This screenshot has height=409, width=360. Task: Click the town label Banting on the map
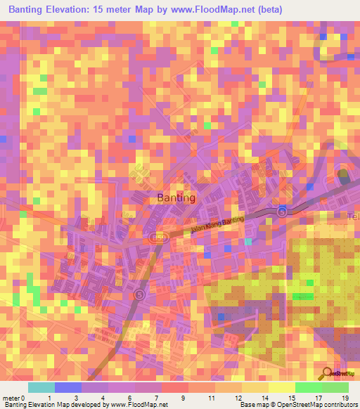click(x=176, y=197)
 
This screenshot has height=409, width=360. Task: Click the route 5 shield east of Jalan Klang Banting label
click(x=282, y=211)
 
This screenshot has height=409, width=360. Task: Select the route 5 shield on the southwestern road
click(x=139, y=294)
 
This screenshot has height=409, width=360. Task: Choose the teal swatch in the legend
click(x=41, y=387)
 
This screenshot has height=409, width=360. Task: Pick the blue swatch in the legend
click(x=68, y=387)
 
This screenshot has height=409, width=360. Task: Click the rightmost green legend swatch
click(x=335, y=387)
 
